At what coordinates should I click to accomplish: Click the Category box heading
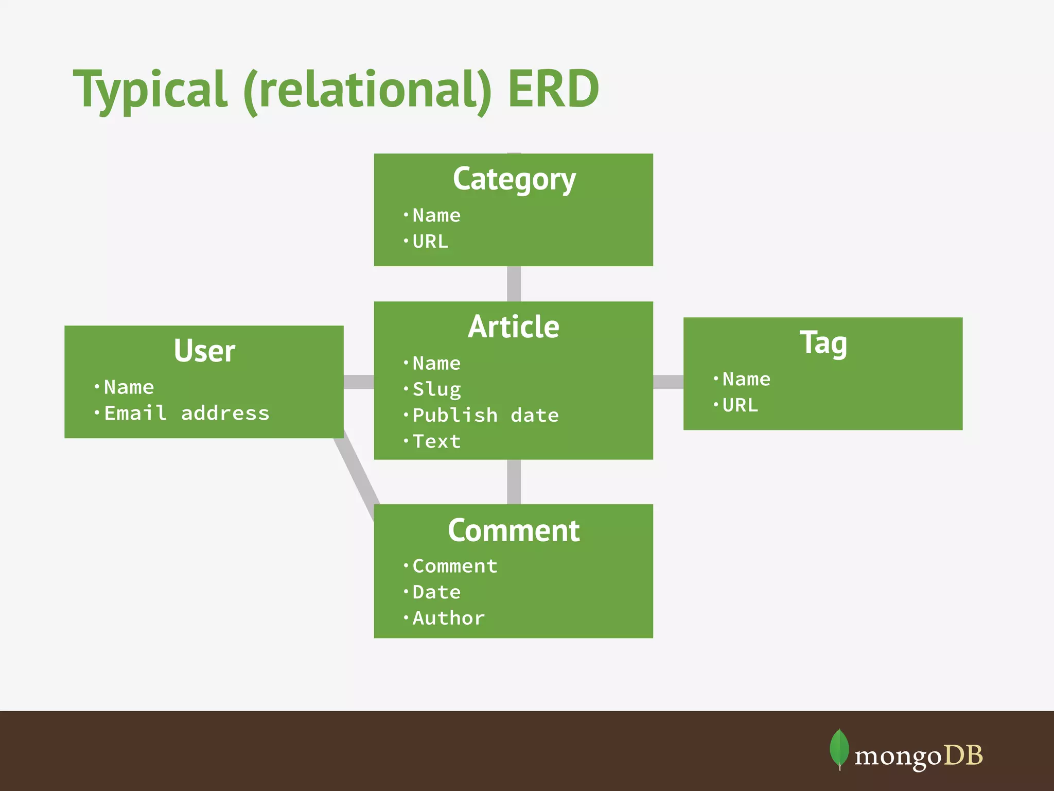514,179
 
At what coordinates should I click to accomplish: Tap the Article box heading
513,327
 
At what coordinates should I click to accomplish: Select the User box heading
204,351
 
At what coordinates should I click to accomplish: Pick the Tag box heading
823,343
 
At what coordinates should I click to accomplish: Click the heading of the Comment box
513,530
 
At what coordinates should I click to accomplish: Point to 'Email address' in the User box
186,413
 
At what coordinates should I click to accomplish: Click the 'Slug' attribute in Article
436,389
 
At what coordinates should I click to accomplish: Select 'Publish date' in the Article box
485,415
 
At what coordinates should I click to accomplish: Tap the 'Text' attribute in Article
436,441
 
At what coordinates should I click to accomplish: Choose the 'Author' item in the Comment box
448,618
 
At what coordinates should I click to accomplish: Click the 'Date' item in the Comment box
436,592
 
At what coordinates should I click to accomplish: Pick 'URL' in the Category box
430,242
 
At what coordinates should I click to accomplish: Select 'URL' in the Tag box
740,405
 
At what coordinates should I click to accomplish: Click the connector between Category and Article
514,284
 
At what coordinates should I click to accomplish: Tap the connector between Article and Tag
668,382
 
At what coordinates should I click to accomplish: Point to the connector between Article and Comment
514,482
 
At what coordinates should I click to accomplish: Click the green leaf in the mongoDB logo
839,748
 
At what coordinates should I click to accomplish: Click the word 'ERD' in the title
553,90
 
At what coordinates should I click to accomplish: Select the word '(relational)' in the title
367,91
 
